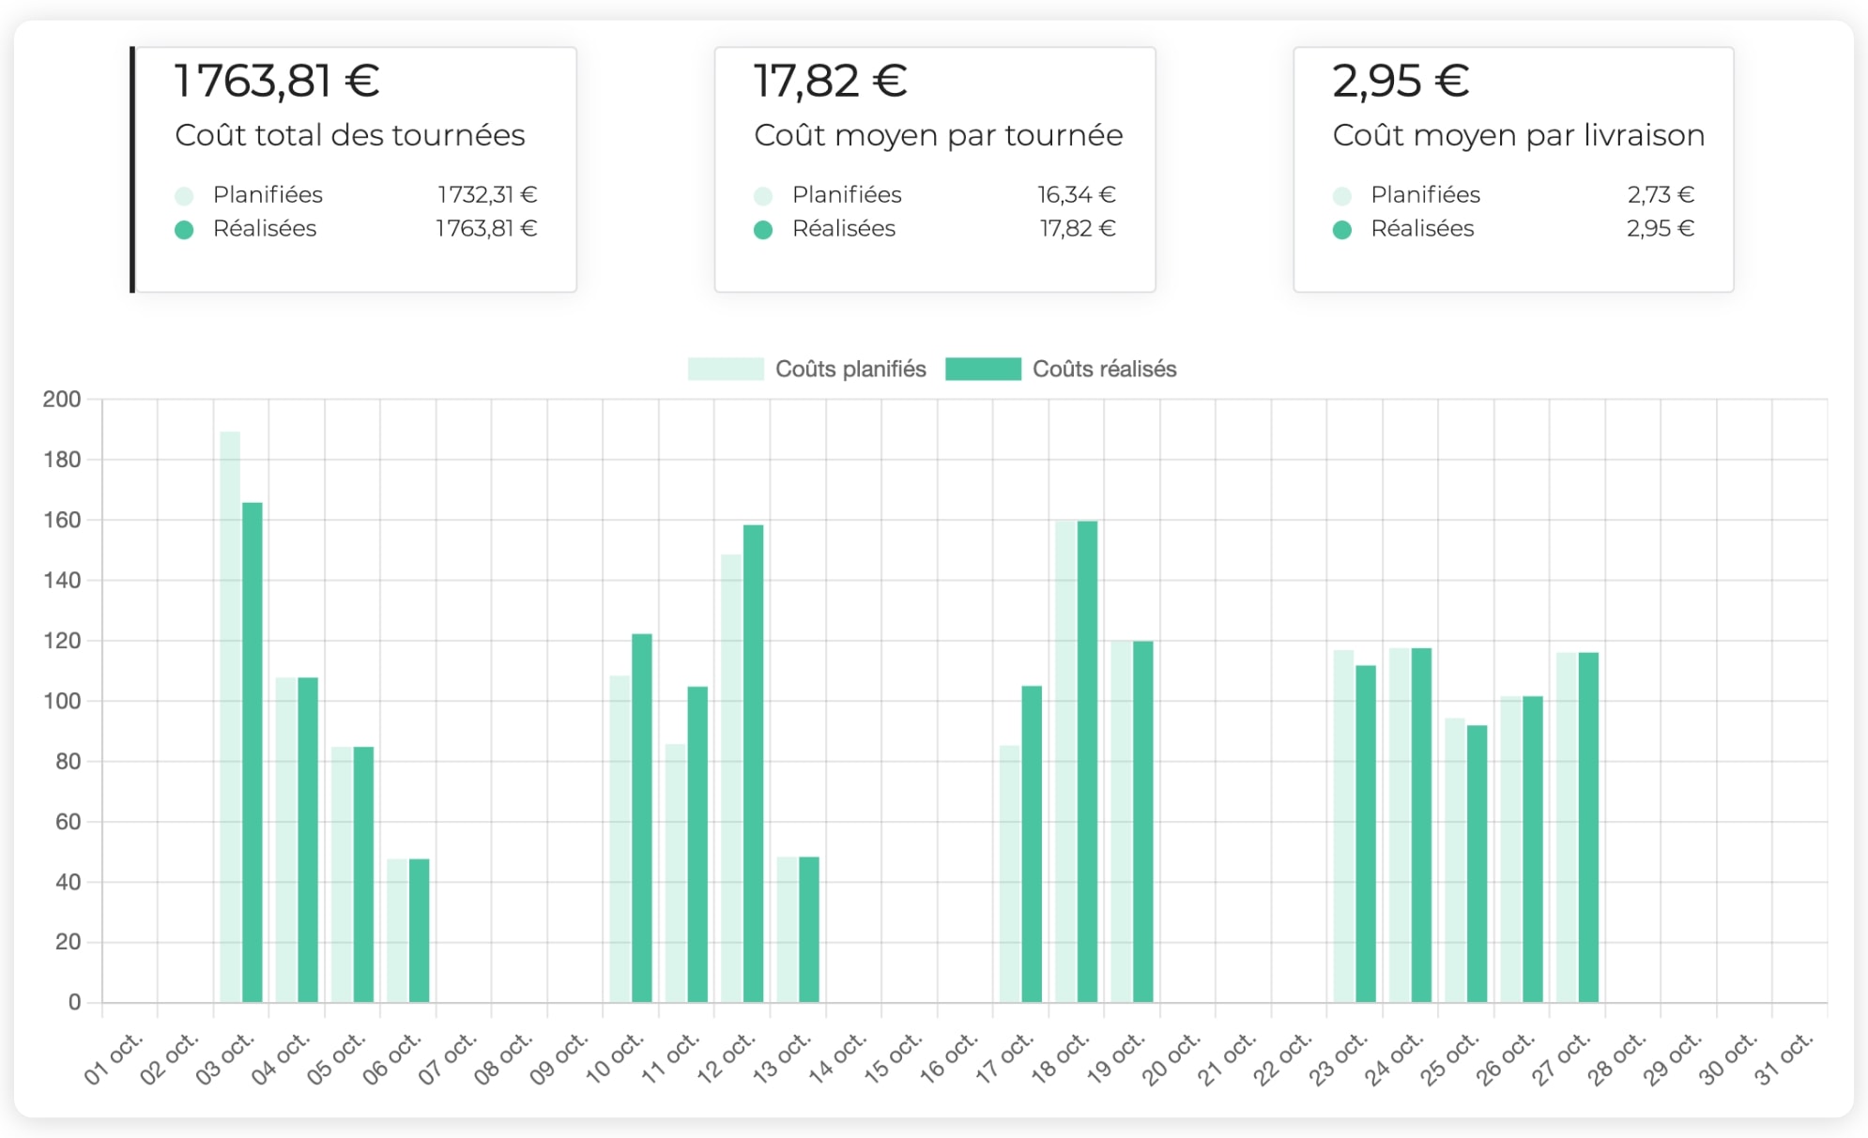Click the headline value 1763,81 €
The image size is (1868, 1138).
(277, 81)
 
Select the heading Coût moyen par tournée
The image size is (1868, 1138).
(938, 135)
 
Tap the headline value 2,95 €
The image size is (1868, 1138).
(1401, 81)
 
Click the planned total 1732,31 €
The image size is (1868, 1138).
(486, 194)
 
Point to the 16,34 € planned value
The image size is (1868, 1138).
(1076, 194)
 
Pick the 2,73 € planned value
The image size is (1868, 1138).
(1660, 194)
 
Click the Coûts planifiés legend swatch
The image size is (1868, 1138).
(725, 369)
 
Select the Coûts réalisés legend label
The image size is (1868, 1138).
(1104, 369)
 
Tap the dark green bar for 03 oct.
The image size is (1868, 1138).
(253, 751)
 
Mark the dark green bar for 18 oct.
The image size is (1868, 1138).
(1087, 760)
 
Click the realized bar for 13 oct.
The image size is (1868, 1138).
(809, 929)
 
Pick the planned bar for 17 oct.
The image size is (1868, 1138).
(1009, 872)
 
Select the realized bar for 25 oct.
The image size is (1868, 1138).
(1477, 863)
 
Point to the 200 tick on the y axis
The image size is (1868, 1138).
(62, 400)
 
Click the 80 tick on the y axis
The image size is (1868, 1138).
(68, 762)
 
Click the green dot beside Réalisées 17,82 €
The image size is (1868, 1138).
(763, 230)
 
